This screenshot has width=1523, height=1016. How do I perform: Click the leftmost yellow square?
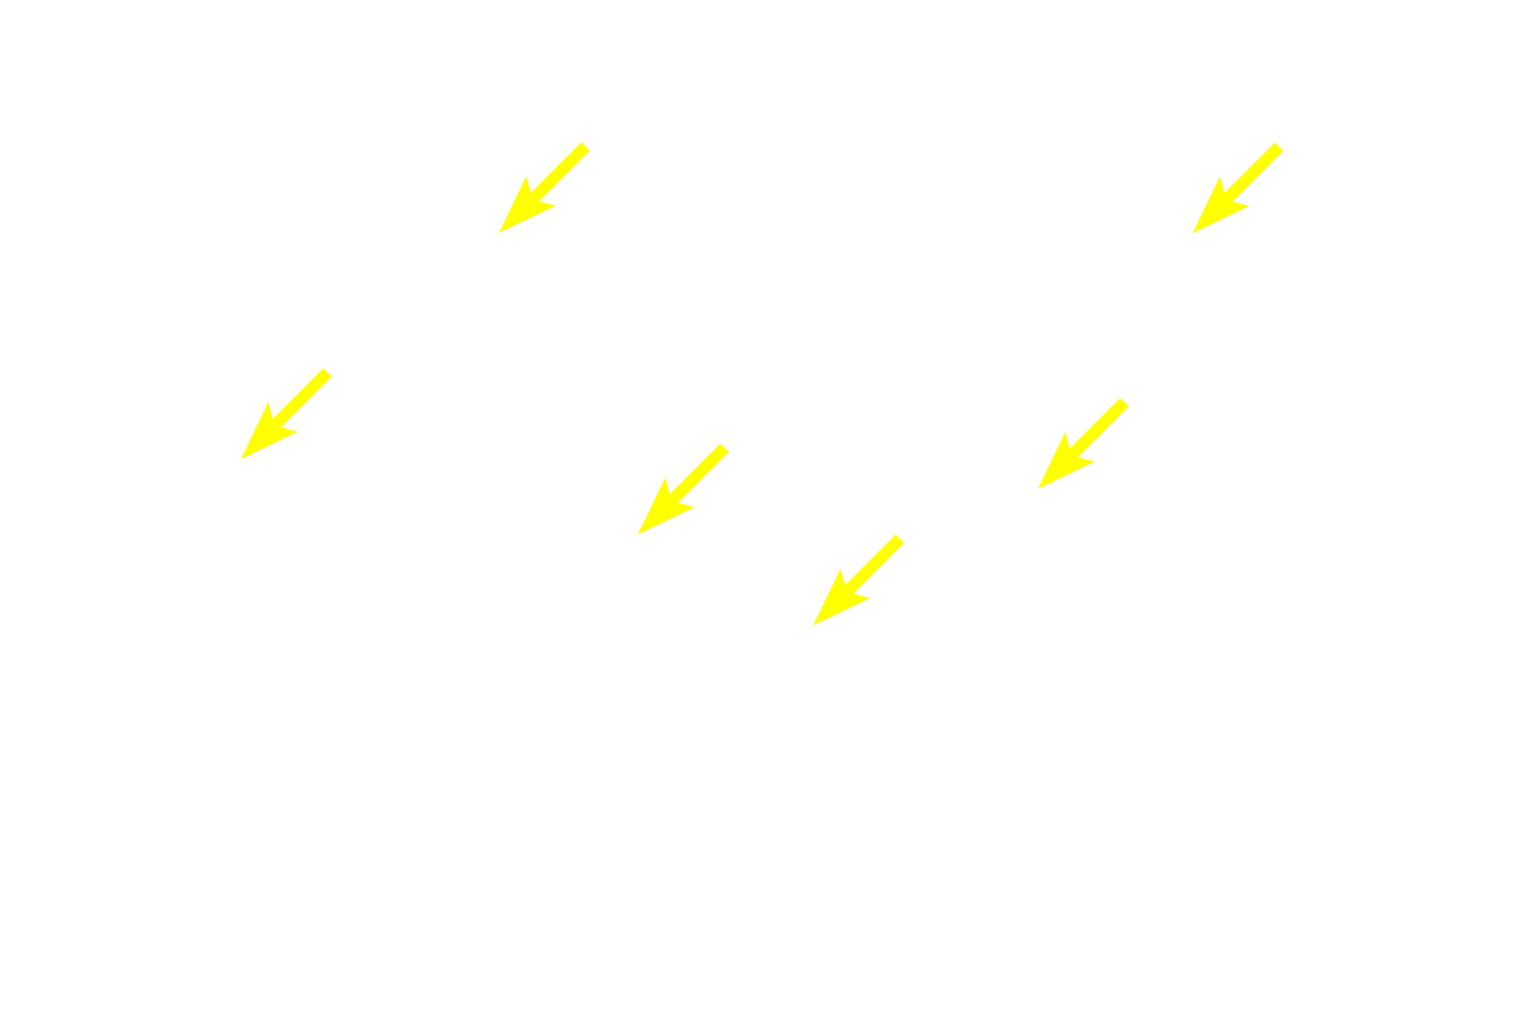pos(286,413)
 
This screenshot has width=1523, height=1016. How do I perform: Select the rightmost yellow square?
pos(1237,188)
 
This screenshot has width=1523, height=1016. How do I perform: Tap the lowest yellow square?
pos(858,579)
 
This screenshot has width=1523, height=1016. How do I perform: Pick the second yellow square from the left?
pos(544,188)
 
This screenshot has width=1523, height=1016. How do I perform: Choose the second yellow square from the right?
pos(1083,443)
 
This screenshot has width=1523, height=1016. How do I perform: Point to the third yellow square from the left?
pos(683,488)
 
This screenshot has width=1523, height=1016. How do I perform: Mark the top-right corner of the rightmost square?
pos(1283,142)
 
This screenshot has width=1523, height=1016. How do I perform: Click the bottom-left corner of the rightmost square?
pos(1191,234)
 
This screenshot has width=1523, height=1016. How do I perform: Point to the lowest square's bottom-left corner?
pos(812,625)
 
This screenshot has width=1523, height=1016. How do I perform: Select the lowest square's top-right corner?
pos(905,533)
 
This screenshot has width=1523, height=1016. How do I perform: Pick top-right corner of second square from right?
pos(1130,397)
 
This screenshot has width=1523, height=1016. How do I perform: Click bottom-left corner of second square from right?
pos(1037,490)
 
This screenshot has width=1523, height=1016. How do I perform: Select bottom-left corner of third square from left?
pos(637,536)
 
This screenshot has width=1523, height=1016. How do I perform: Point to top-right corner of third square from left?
pos(729,442)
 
